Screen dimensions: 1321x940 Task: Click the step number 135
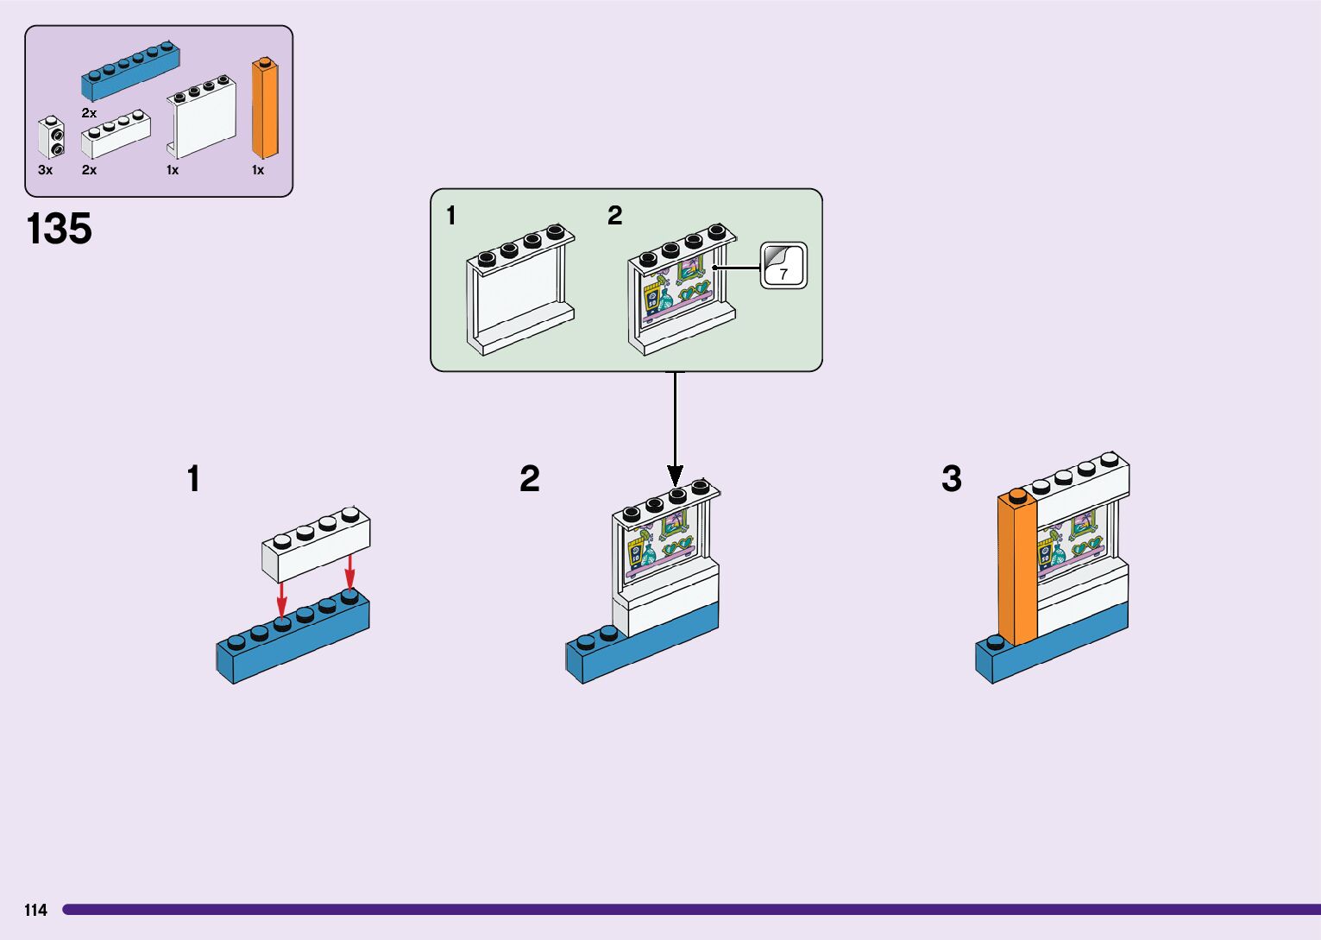59,229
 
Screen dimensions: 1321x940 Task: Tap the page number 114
36,910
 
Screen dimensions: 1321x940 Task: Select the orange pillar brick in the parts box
265,107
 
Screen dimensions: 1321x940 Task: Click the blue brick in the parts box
130,70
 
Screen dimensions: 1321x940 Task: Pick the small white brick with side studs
51,137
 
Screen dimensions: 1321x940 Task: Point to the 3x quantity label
46,170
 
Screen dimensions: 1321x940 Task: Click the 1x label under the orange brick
258,170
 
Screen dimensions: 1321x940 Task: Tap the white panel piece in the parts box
201,117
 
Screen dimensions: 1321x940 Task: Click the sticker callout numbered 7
783,266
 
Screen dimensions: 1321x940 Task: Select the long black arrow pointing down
676,429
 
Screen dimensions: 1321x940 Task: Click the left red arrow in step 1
282,600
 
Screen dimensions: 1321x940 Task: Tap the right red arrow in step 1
349,571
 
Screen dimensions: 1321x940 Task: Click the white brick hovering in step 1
316,545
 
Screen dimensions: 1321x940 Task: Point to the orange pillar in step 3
1017,567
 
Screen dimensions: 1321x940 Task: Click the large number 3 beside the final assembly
951,478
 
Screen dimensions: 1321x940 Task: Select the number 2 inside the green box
614,216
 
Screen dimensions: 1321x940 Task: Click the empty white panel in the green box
520,290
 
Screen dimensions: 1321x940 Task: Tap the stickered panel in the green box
683,290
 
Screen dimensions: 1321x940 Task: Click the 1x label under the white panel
173,170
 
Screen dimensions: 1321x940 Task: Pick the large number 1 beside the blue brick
193,478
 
